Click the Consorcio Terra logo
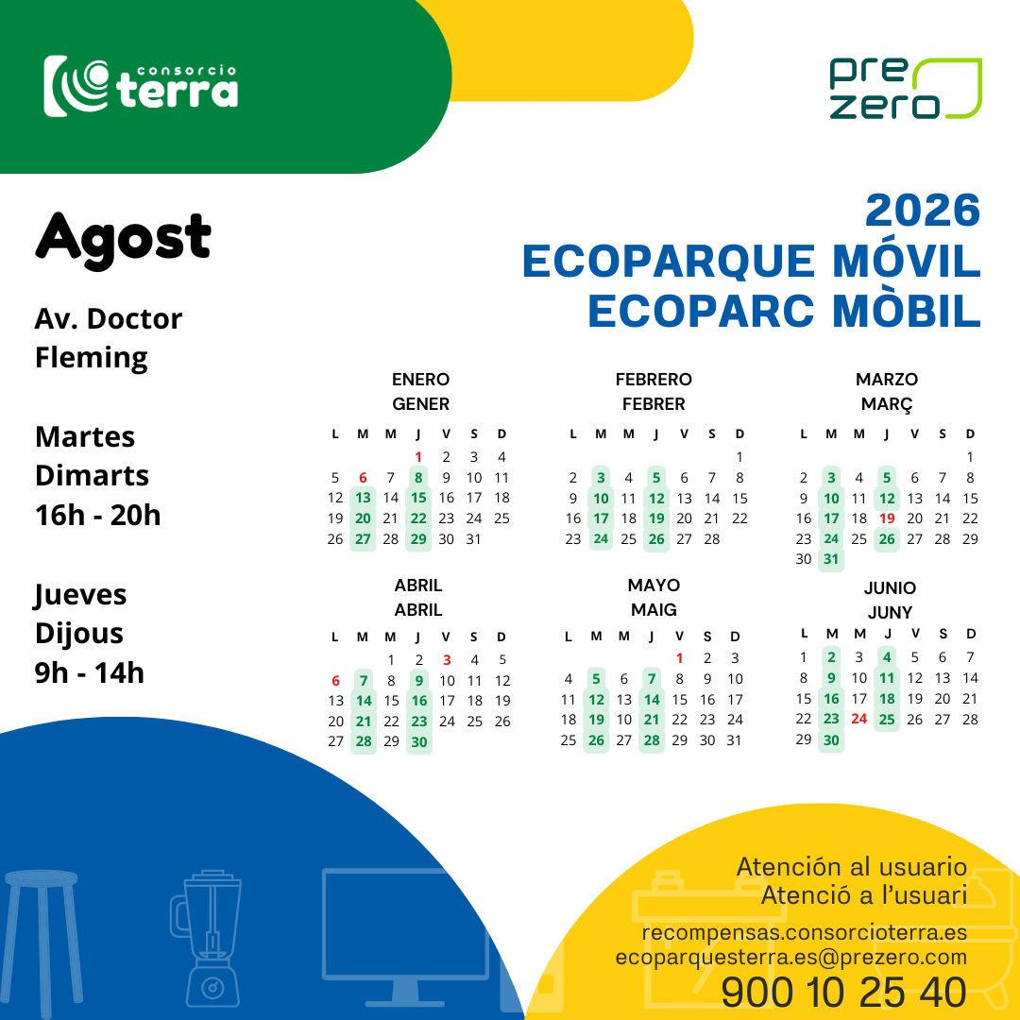[x=141, y=87]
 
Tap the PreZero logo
[x=906, y=89]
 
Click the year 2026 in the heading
[x=923, y=210]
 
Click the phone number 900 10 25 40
[x=843, y=993]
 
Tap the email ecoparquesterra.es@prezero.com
[x=791, y=957]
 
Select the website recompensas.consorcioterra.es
[x=804, y=933]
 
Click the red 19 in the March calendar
[x=887, y=518]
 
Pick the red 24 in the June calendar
[x=858, y=719]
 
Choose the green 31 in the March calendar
[x=831, y=559]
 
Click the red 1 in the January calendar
[x=418, y=457]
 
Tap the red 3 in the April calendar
[x=447, y=660]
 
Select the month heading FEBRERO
[x=654, y=380]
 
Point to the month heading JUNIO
[x=890, y=588]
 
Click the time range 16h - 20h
[x=97, y=516]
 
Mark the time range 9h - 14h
[x=89, y=672]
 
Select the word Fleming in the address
[x=91, y=359]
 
